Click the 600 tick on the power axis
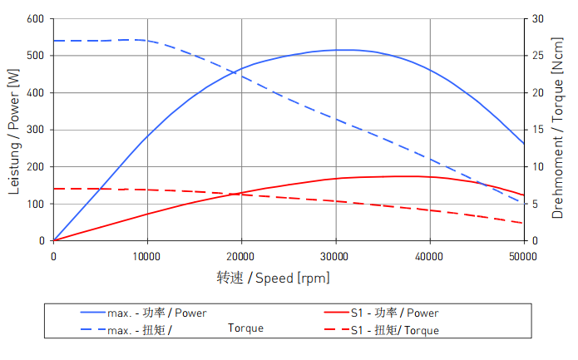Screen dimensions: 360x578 point(35,18)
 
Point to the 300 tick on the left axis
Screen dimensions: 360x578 point(35,130)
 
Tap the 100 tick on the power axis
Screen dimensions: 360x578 point(35,204)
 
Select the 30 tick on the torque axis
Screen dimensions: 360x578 point(538,18)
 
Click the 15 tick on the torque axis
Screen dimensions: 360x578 point(538,130)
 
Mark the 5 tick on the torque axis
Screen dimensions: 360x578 point(536,204)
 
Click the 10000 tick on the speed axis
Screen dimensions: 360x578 point(147,256)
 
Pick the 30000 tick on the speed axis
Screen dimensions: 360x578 point(335,256)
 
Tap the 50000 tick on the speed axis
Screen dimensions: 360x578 point(523,256)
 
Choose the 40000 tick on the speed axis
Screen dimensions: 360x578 point(429,256)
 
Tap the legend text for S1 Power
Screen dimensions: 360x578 point(394,313)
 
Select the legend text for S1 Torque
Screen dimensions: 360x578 point(394,331)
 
